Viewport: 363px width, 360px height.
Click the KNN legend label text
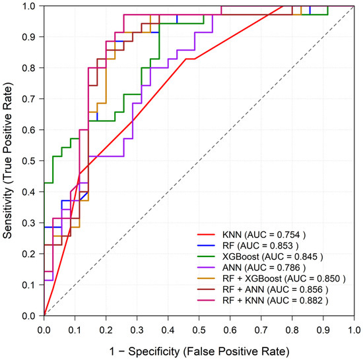tap(264, 235)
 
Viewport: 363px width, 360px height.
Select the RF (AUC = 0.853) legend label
tap(261, 245)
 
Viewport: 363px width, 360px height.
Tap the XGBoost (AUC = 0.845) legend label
tap(273, 256)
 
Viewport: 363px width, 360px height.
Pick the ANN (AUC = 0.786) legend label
tap(264, 268)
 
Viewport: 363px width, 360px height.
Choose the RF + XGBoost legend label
tap(284, 278)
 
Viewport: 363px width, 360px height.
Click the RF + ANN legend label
tap(275, 289)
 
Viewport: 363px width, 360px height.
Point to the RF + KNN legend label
tap(275, 301)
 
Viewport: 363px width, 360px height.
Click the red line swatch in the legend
tap(206, 235)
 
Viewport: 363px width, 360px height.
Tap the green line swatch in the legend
tap(206, 256)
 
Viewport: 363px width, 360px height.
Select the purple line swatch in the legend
tap(206, 268)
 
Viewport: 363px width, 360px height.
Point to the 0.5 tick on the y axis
tap(29, 161)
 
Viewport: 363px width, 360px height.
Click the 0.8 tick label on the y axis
tap(29, 68)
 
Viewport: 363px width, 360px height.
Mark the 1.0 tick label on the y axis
tap(29, 6)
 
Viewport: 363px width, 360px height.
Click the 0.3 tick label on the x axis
tap(137, 330)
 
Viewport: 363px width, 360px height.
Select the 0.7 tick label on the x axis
tap(261, 330)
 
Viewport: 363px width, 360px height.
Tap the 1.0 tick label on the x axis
tap(354, 330)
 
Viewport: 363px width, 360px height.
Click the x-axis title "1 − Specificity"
tap(145, 351)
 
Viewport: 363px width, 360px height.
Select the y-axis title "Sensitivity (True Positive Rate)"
tap(7, 160)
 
